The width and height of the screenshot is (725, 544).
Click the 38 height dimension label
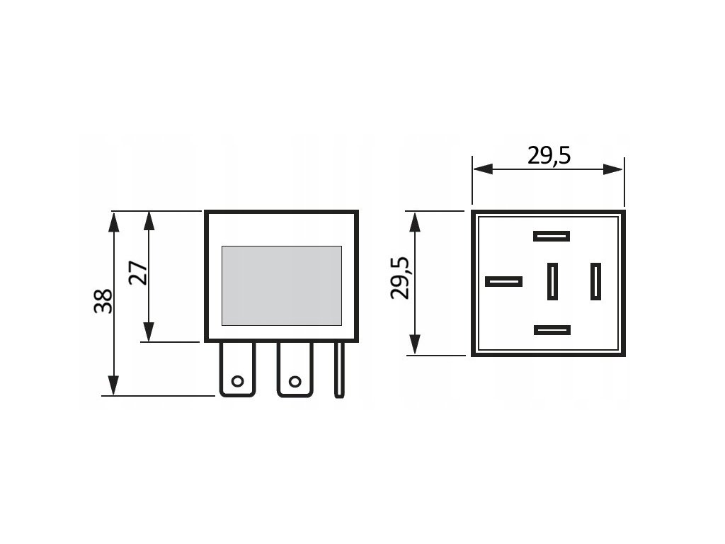coord(103,301)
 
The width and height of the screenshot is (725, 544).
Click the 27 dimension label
coord(139,273)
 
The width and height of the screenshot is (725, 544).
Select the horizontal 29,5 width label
coord(549,155)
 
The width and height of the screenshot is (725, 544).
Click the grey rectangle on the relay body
coord(281,285)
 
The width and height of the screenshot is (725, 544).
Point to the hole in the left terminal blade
coord(237,382)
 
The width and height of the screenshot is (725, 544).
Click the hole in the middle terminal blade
coord(292,382)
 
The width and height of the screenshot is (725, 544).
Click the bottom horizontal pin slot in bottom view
coord(552,330)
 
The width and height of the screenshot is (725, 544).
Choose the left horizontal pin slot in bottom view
coord(503,281)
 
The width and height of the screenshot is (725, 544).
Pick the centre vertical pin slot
coord(552,280)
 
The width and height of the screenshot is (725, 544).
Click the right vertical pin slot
coord(595,280)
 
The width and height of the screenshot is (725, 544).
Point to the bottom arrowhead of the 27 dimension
coord(149,333)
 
